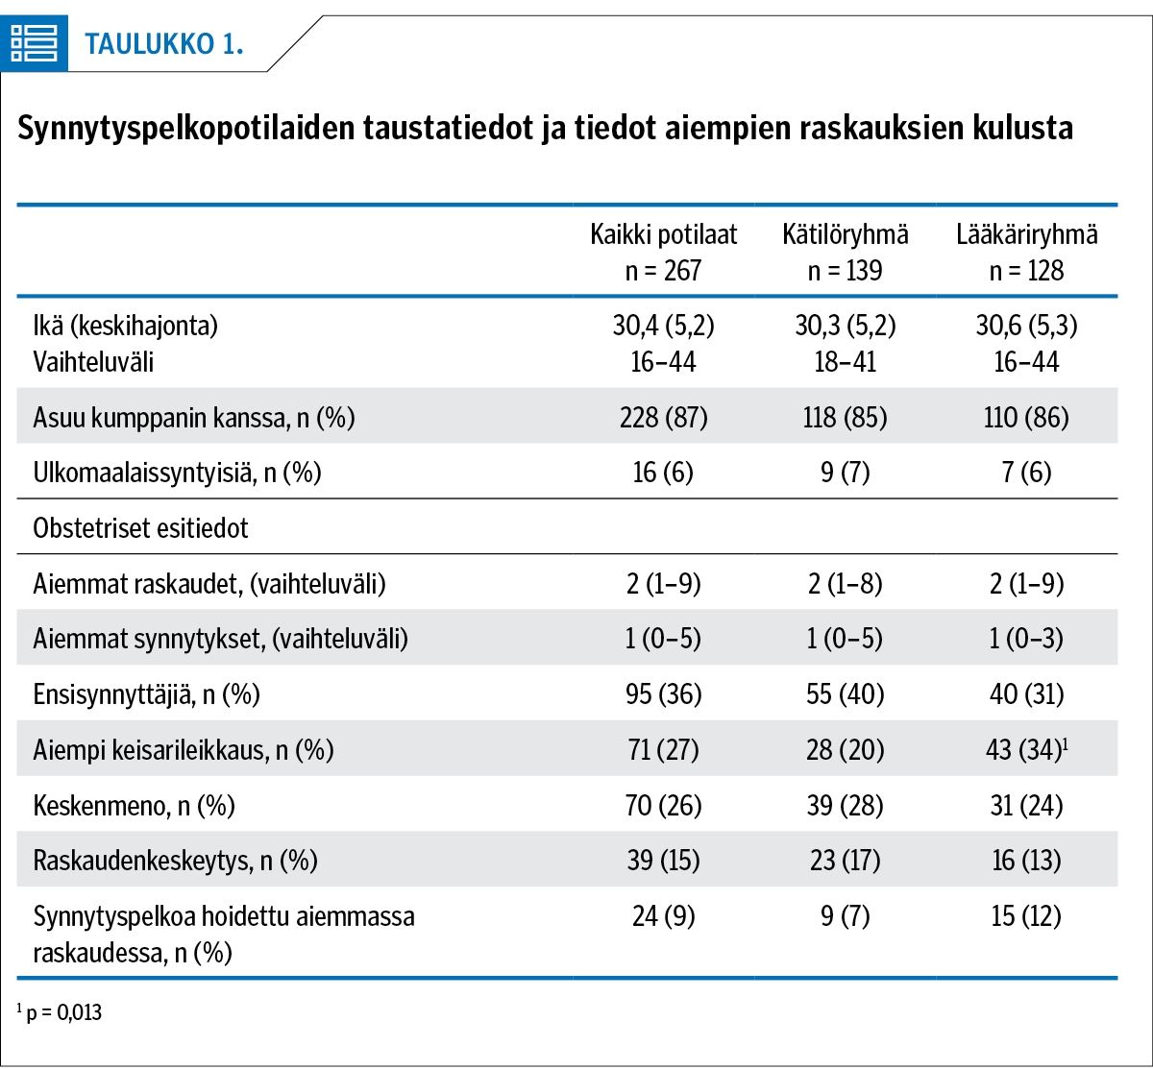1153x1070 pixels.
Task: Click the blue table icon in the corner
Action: (x=35, y=43)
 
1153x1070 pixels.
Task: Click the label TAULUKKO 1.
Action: (x=163, y=44)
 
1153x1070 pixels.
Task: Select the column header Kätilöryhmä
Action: (x=845, y=234)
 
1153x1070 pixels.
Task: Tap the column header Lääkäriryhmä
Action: (x=1026, y=234)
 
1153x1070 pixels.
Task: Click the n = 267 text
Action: (x=663, y=271)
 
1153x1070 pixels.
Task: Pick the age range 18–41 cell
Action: (x=845, y=362)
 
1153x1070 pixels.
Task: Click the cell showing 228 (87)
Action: (x=664, y=418)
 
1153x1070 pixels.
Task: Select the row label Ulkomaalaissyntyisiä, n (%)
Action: (x=177, y=473)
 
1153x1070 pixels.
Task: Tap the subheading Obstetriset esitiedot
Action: (x=140, y=527)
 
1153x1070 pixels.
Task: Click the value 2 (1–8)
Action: (x=845, y=583)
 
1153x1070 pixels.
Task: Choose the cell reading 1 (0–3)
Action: (x=1026, y=639)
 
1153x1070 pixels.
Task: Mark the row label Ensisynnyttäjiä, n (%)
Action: (x=146, y=694)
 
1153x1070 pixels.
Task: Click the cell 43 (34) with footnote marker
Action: (x=1026, y=749)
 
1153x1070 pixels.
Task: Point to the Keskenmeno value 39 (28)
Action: (x=845, y=805)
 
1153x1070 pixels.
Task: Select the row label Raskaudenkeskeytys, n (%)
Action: (x=175, y=861)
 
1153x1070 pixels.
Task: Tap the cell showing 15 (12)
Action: (x=1026, y=916)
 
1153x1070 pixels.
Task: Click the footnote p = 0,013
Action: (x=60, y=1012)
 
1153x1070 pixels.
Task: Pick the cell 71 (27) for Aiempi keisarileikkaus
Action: (x=663, y=749)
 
